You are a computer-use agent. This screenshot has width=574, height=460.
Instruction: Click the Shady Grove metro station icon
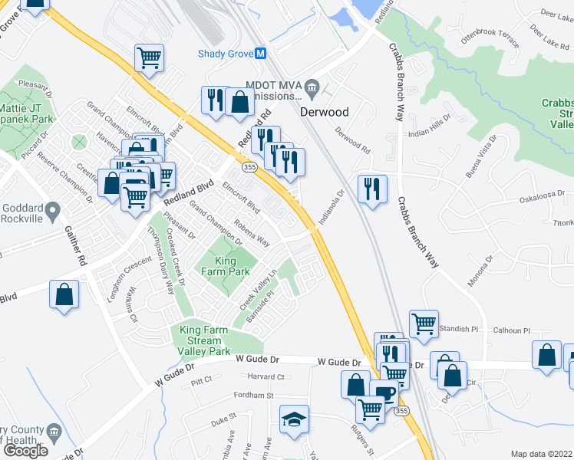[261, 54]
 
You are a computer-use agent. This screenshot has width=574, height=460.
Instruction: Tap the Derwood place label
[324, 112]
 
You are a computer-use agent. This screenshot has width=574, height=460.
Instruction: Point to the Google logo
[25, 450]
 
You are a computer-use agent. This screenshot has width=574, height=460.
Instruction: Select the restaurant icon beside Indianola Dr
[372, 189]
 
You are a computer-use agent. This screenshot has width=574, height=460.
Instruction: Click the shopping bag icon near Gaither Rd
[64, 294]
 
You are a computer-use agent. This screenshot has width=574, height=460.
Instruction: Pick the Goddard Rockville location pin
[52, 209]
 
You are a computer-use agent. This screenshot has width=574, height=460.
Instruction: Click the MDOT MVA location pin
[312, 84]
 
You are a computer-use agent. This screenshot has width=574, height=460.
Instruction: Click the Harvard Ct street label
[266, 376]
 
